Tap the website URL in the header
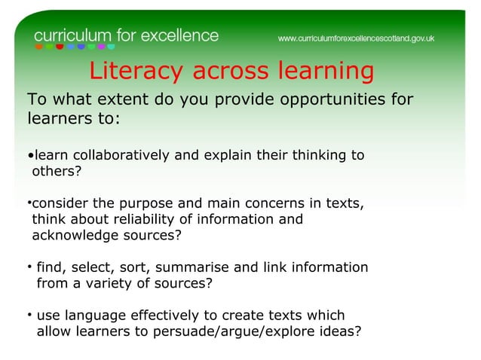(x=357, y=38)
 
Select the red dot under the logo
(x=60, y=47)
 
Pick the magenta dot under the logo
(x=101, y=47)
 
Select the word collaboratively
(x=118, y=156)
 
